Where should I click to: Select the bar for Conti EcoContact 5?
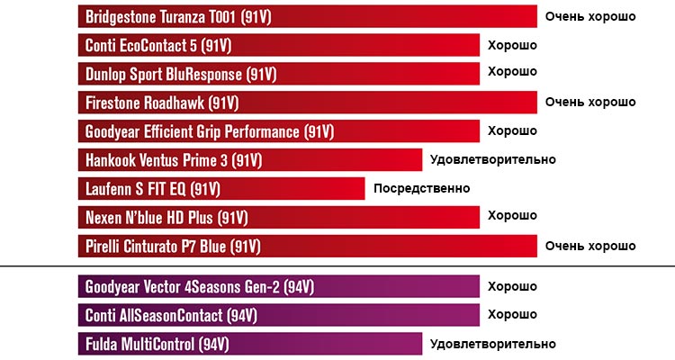point(279,45)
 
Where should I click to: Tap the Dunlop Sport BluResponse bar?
point(279,74)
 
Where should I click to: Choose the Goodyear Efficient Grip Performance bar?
point(279,131)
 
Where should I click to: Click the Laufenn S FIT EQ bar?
point(221,189)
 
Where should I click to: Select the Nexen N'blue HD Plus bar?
point(279,218)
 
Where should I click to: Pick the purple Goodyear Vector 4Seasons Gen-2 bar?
point(279,288)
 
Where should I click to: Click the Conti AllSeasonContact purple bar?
point(279,316)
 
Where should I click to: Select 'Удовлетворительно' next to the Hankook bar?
point(493,160)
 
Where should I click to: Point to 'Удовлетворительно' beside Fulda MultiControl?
point(493,344)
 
